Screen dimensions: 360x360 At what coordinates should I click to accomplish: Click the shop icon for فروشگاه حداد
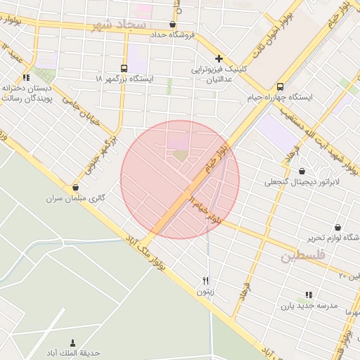[173, 24]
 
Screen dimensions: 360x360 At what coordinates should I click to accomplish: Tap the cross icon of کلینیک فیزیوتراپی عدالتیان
[219, 58]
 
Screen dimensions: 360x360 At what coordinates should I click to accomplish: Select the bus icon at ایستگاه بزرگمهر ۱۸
[124, 68]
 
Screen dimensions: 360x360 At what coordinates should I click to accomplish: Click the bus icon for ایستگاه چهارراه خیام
[281, 85]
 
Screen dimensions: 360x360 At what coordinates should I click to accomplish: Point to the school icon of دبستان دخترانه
[25, 77]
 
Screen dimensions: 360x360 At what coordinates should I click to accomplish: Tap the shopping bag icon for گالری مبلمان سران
[75, 187]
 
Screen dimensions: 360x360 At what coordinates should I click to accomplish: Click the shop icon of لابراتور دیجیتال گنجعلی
[302, 171]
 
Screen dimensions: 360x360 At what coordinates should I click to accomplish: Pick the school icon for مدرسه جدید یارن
[308, 295]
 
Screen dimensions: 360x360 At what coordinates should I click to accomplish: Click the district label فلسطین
[304, 255]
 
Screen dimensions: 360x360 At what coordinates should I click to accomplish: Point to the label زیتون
[205, 290]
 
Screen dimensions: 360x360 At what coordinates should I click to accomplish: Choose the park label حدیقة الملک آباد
[73, 352]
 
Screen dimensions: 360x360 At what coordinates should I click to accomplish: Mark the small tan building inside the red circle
[181, 155]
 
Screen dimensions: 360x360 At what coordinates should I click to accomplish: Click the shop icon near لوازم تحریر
[339, 227]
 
